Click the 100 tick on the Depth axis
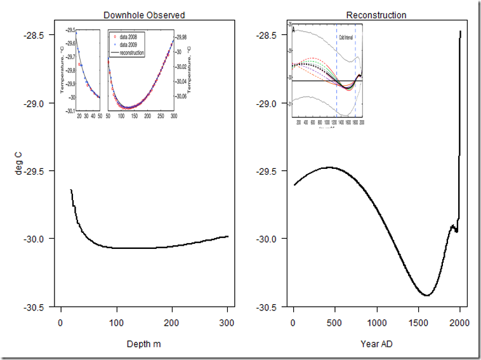tap(116, 323)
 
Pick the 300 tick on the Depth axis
tap(227, 323)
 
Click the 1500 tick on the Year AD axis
tap(418, 323)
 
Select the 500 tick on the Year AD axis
tap(334, 323)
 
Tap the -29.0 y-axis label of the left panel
tap(37, 103)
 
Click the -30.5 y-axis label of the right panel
tap(268, 307)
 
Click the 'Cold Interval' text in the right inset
tap(346, 37)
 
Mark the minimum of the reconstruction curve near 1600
tap(426, 295)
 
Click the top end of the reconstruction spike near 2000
tap(460, 31)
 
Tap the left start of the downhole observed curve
tap(70, 190)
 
